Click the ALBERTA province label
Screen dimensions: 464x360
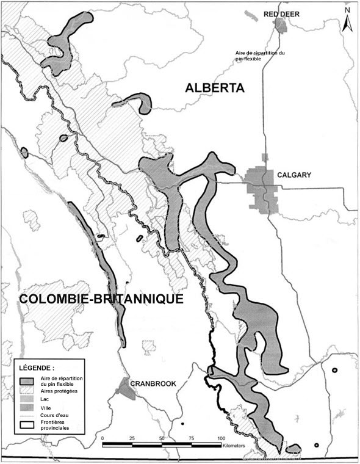coord(214,89)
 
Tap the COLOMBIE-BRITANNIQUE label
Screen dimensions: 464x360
coord(101,300)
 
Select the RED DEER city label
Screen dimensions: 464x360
coord(279,13)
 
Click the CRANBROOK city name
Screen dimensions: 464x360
coord(156,384)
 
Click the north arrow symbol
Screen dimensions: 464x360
coord(347,23)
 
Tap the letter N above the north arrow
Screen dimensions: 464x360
coord(347,9)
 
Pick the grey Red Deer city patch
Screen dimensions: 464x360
coord(281,25)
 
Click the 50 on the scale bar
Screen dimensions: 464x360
coord(162,438)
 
